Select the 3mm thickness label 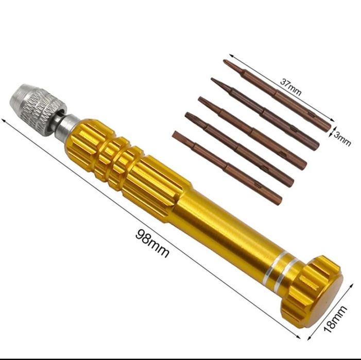[x=342, y=139]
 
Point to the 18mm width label [x=335, y=319]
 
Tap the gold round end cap [x=312, y=290]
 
